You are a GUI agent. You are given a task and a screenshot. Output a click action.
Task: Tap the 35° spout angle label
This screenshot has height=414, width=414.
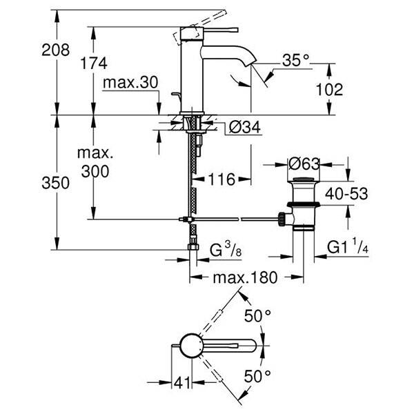tap(295, 61)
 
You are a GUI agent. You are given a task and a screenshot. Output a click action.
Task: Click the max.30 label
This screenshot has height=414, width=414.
tap(130, 83)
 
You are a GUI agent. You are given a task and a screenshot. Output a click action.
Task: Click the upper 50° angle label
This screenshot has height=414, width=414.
tap(257, 317)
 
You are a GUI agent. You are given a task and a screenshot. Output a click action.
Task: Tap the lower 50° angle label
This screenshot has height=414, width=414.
tap(257, 377)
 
